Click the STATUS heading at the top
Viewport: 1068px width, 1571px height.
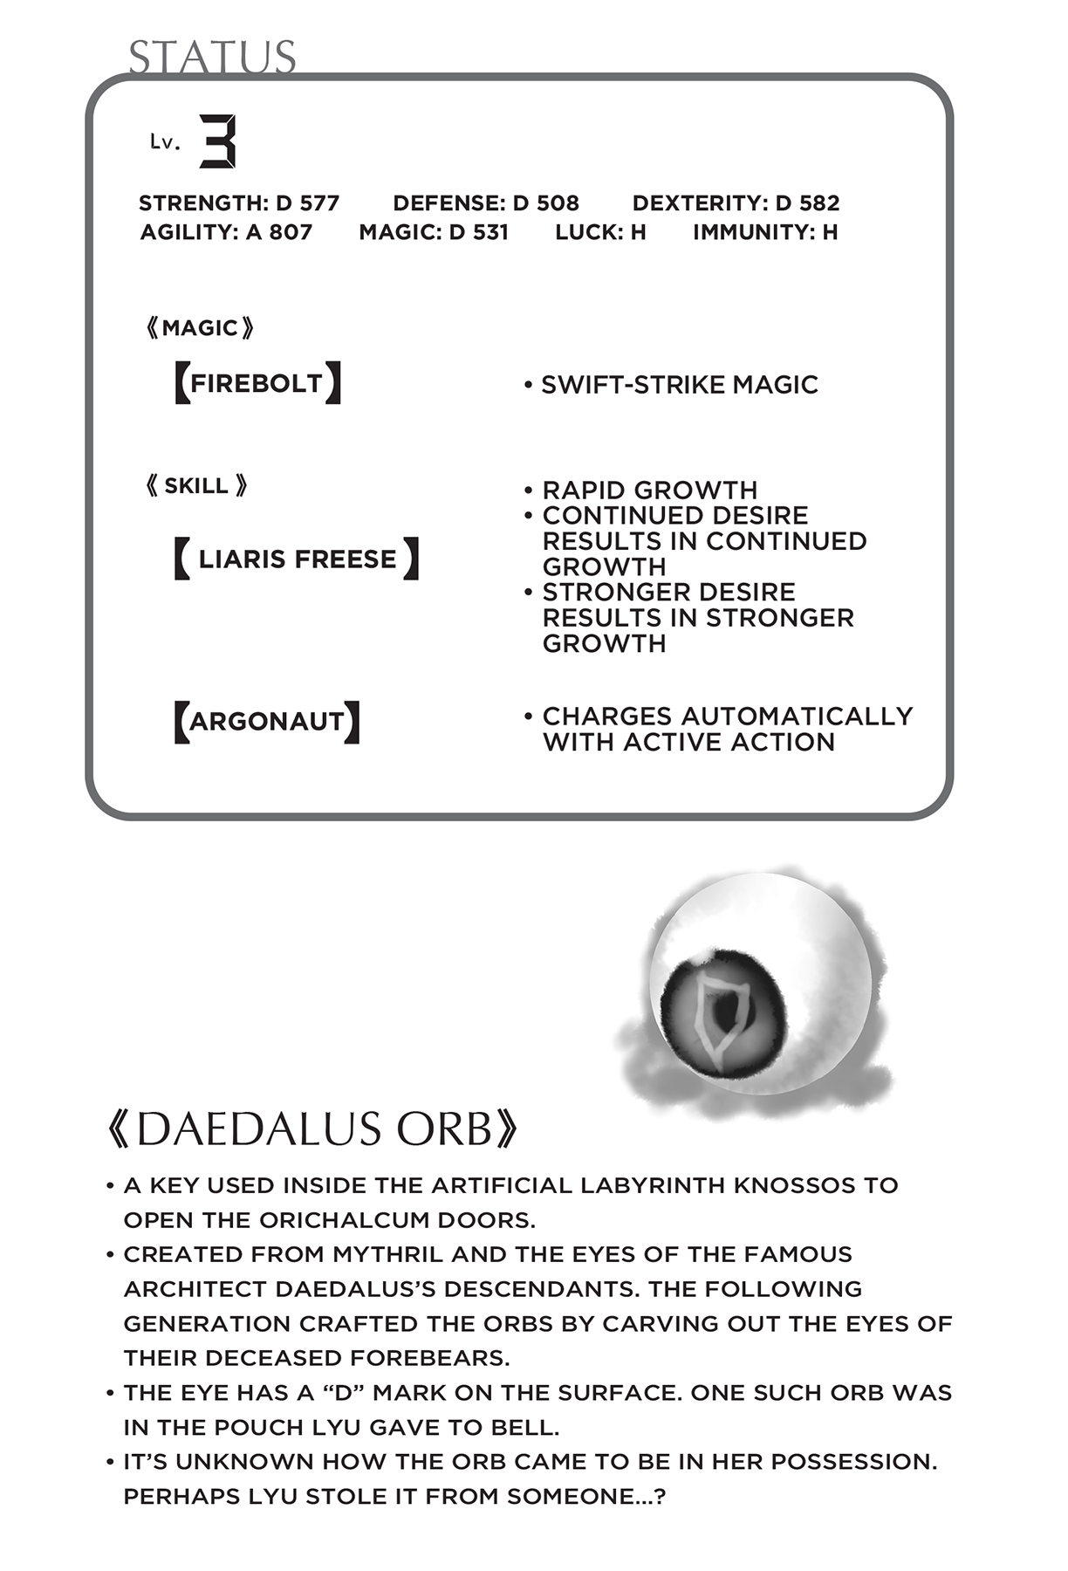coord(212,58)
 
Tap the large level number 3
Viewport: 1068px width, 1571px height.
coord(217,141)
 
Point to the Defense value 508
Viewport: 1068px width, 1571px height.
coord(558,203)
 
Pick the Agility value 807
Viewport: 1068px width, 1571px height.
coord(291,232)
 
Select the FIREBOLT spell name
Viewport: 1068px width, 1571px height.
coord(257,383)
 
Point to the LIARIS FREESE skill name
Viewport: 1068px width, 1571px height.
coord(297,559)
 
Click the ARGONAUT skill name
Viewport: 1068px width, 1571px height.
coord(266,722)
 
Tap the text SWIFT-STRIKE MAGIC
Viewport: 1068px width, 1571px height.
coord(679,385)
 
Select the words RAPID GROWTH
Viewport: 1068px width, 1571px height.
coord(649,490)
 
